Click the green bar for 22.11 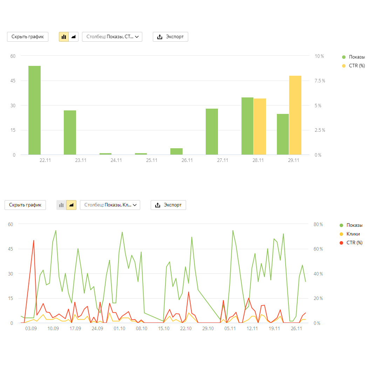(x=34, y=110)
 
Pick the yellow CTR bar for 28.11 (x=260, y=127)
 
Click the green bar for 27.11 (x=212, y=131)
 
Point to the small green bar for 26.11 (x=176, y=151)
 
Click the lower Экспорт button (x=168, y=205)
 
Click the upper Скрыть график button (x=28, y=37)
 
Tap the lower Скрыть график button (x=25, y=205)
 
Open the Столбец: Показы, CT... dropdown (x=112, y=37)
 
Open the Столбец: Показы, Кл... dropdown (x=110, y=205)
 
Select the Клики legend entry (x=353, y=234)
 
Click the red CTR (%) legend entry (x=354, y=243)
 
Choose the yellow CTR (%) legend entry (x=356, y=66)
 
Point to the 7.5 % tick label (x=319, y=81)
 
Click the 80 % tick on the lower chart (x=318, y=224)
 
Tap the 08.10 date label (x=142, y=328)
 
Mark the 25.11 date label (x=151, y=160)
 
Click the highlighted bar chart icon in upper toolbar (x=64, y=37)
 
